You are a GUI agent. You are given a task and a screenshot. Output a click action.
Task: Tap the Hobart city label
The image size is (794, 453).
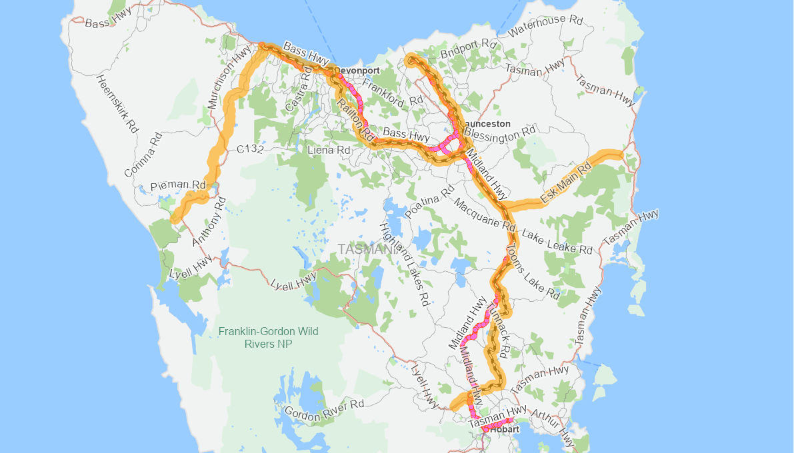click(504, 430)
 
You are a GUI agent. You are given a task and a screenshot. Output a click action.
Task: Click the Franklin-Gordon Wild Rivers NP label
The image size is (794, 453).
click(269, 338)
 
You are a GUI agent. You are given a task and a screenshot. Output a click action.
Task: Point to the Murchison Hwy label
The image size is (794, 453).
click(230, 77)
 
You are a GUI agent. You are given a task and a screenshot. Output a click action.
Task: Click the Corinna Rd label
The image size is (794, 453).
click(143, 155)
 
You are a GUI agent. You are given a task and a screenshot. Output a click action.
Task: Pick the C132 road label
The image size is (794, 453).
click(250, 150)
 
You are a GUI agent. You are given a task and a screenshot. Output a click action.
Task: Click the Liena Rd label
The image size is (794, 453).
click(329, 151)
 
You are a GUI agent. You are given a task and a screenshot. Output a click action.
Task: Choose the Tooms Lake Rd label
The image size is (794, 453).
click(533, 270)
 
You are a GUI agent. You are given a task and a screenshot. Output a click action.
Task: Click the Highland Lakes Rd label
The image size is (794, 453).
click(404, 264)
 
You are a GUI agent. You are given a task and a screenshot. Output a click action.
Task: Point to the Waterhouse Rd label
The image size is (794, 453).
click(545, 26)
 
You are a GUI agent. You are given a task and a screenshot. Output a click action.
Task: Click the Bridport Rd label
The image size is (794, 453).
click(469, 49)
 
